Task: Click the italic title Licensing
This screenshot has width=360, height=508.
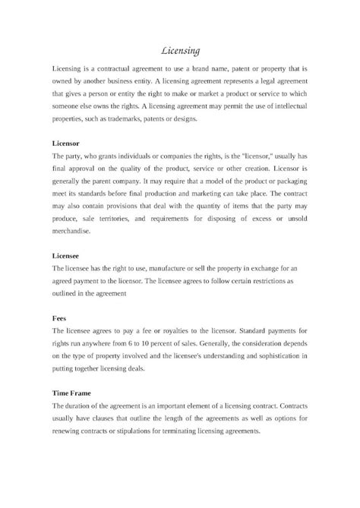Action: (180, 52)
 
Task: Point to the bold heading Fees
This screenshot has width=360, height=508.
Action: (57, 320)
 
